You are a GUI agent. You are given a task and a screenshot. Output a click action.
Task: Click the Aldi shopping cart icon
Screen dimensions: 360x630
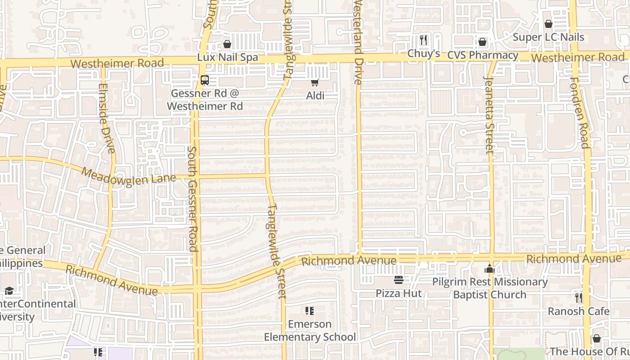tap(315, 82)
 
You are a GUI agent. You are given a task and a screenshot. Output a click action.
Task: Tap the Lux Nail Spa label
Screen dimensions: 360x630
tap(228, 58)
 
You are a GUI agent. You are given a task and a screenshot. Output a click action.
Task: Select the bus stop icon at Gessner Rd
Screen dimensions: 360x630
tap(205, 80)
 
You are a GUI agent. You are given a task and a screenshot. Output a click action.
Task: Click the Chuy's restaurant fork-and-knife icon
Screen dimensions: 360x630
tap(423, 40)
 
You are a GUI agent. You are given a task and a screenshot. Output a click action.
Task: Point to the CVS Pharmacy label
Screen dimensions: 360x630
tap(483, 55)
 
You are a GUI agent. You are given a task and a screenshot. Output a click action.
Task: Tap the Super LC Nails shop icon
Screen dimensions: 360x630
tap(549, 24)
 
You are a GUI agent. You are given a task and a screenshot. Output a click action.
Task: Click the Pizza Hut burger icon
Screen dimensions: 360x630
tap(399, 280)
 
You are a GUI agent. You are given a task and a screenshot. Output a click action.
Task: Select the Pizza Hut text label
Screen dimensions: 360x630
tap(399, 293)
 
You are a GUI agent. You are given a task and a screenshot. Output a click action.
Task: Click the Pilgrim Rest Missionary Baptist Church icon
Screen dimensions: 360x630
tap(490, 269)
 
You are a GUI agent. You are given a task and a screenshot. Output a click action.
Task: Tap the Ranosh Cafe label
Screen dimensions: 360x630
tap(579, 311)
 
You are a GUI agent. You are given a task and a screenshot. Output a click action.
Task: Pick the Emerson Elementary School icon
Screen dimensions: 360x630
tap(310, 311)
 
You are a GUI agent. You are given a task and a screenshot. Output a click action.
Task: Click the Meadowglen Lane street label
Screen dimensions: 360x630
tap(129, 176)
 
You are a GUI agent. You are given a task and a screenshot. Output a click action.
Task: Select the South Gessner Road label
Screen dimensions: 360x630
tap(193, 198)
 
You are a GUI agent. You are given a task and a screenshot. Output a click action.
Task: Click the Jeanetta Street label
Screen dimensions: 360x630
tap(489, 115)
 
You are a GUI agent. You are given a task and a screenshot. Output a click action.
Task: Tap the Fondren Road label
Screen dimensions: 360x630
tap(579, 112)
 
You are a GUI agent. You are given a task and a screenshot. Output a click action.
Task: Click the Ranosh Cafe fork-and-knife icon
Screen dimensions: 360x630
tap(579, 297)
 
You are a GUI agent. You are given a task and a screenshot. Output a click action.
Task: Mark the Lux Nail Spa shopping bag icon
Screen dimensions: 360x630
tap(227, 44)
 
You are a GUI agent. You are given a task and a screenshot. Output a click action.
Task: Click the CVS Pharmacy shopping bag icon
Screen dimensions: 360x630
tap(482, 42)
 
